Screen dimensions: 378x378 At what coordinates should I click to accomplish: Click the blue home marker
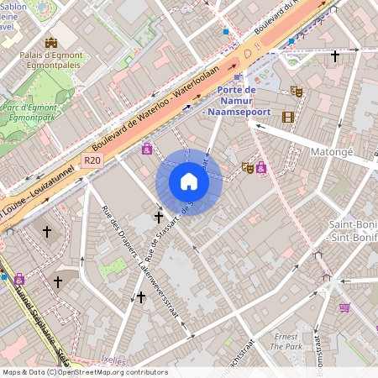pyautogui.click(x=189, y=182)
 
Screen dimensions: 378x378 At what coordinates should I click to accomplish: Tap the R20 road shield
pyautogui.click(x=92, y=160)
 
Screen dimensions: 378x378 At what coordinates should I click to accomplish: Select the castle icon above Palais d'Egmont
pyautogui.click(x=51, y=42)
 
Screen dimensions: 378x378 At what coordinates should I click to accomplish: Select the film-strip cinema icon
pyautogui.click(x=288, y=117)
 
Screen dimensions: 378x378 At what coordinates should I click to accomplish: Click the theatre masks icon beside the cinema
pyautogui.click(x=296, y=90)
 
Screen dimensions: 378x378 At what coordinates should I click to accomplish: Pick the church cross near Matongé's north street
pyautogui.click(x=335, y=56)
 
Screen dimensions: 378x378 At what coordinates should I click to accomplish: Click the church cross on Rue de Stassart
pyautogui.click(x=158, y=217)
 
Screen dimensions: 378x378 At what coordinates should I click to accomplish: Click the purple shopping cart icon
pyautogui.click(x=344, y=307)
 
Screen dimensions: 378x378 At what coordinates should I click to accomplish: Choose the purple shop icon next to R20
pyautogui.click(x=147, y=149)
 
